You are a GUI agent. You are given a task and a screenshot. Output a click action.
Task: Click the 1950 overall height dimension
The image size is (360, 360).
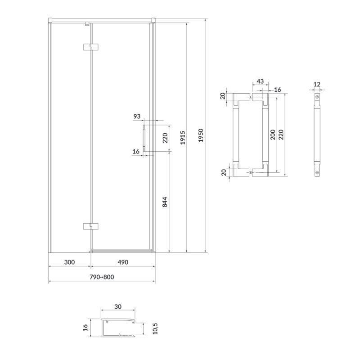tap(201, 135)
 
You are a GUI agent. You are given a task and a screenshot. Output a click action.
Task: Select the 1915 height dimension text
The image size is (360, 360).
tap(183, 138)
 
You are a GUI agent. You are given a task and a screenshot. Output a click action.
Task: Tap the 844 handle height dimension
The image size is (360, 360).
tap(165, 202)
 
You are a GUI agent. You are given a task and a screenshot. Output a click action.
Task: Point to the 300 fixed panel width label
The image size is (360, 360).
tap(69, 262)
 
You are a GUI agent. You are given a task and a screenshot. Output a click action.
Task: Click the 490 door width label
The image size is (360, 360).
tap(123, 262)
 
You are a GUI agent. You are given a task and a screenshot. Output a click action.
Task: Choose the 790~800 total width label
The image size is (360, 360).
tap(102, 277)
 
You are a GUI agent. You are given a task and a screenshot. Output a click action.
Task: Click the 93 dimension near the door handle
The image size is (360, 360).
tap(137, 117)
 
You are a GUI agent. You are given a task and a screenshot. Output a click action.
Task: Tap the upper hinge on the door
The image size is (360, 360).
tap(91, 47)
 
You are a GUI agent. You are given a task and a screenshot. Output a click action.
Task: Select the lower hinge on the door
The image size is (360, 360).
tap(91, 226)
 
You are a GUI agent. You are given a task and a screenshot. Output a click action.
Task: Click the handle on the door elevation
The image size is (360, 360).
tap(144, 138)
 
